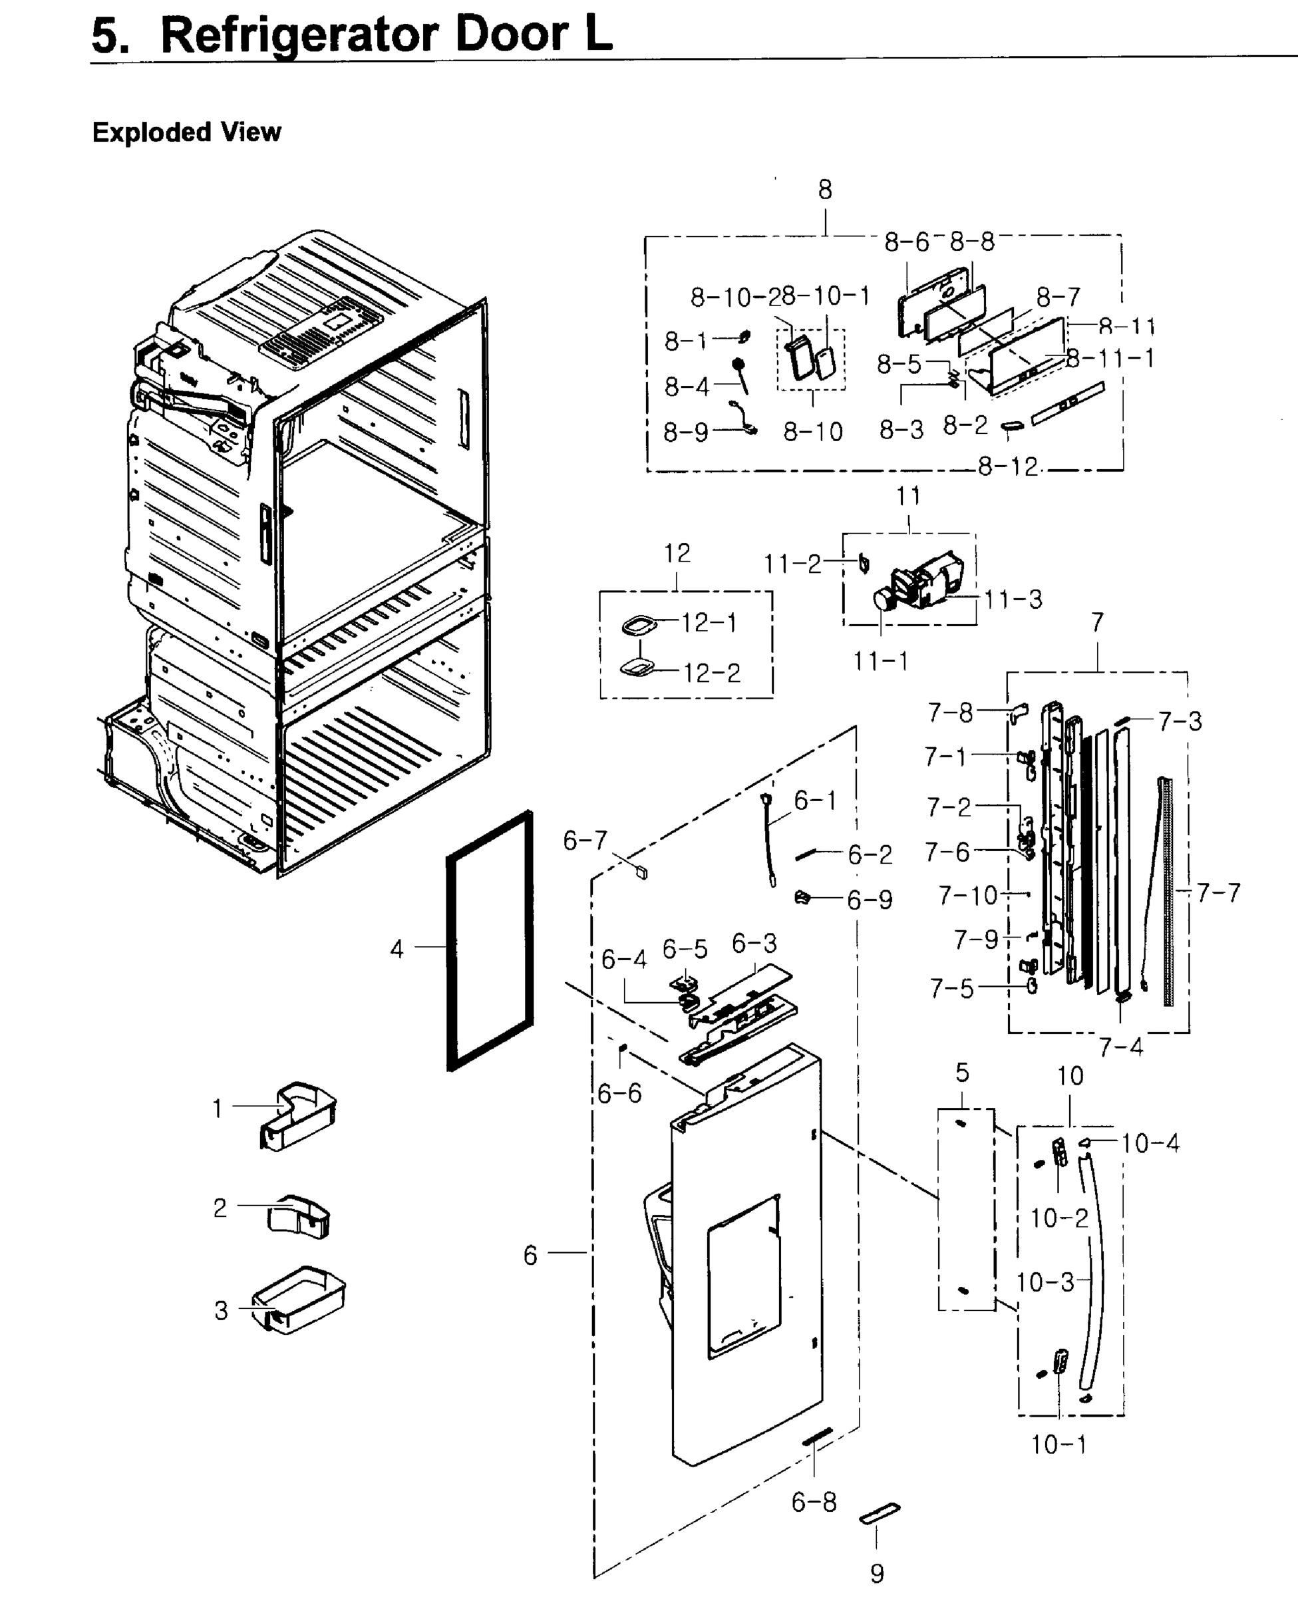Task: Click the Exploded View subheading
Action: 186,132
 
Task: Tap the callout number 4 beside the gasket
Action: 397,950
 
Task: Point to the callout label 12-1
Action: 709,622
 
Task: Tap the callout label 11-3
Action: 1013,599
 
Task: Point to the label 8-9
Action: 686,432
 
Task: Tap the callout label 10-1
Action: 1058,1445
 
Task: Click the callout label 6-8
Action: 814,1501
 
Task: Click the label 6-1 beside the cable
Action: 815,800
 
